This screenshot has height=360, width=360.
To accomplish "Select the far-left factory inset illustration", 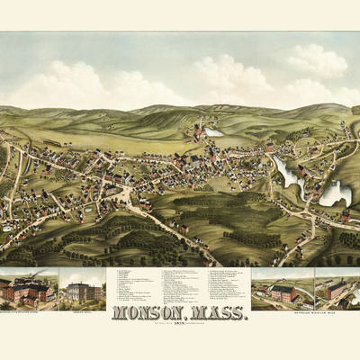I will pyautogui.click(x=28, y=288).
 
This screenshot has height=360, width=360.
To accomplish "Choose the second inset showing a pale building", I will pyautogui.click(x=82, y=289).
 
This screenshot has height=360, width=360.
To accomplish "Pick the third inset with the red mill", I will pyautogui.click(x=283, y=289).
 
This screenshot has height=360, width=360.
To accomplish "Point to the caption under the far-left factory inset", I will pyautogui.click(x=28, y=307).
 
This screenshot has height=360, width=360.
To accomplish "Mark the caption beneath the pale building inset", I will pyautogui.click(x=82, y=307).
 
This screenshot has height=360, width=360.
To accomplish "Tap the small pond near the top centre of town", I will pyautogui.click(x=213, y=132).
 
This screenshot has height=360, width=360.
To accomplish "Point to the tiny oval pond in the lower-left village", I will pyautogui.click(x=87, y=209).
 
